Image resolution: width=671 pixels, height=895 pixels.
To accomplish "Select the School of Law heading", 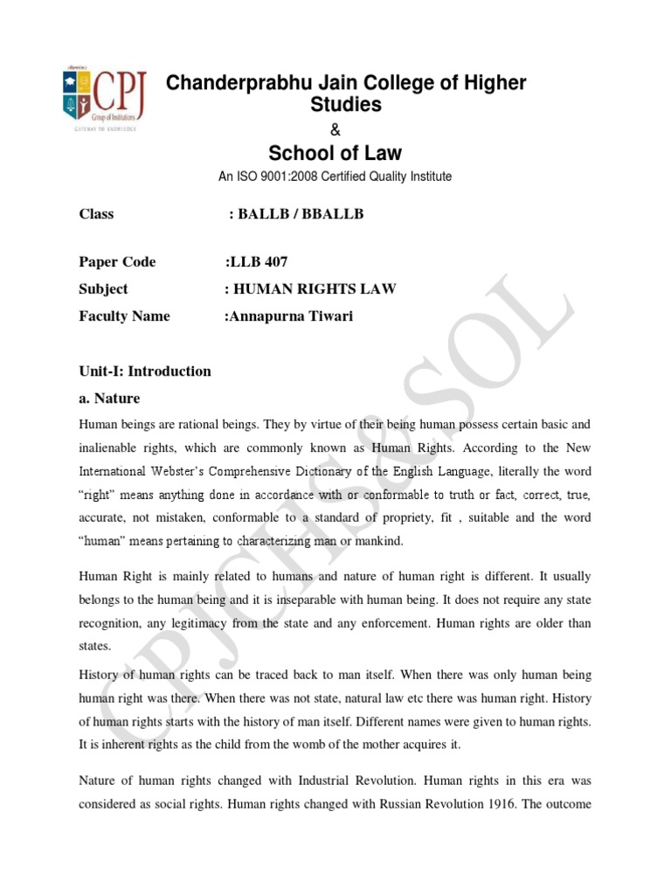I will point(335,153).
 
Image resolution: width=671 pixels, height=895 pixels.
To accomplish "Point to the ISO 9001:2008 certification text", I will point(335,177).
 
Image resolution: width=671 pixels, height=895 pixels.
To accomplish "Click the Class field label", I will point(96,214).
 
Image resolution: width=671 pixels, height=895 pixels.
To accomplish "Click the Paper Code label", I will point(117,261).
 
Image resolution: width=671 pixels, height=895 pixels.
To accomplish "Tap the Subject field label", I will point(103,288).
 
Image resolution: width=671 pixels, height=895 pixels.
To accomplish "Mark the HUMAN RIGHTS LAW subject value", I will point(310,288).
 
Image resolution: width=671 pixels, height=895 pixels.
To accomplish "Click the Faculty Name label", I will point(124,316).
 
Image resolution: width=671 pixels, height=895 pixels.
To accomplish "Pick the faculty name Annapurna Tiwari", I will point(289,316).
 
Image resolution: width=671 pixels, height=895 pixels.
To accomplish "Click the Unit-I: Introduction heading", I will point(145,371).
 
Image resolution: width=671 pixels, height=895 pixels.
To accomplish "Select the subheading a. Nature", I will point(109,398).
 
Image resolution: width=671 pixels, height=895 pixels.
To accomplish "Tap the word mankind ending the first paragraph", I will point(377,542).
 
